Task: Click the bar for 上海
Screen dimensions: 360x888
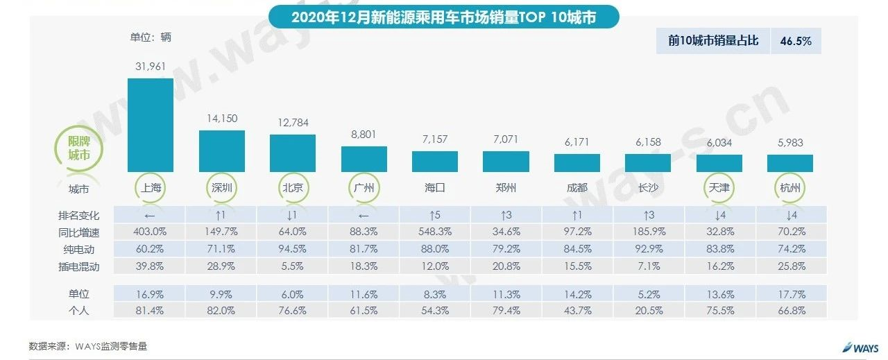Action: click(x=150, y=125)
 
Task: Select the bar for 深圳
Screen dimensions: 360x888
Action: click(x=221, y=151)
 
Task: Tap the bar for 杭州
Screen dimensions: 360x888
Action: click(x=789, y=163)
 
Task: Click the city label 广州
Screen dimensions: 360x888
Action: click(x=364, y=188)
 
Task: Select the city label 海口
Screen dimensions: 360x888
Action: click(x=434, y=188)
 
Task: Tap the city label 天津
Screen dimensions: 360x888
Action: click(x=719, y=188)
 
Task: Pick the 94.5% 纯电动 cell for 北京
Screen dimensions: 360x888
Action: click(x=292, y=248)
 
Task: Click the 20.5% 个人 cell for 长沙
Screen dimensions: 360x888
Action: click(x=647, y=311)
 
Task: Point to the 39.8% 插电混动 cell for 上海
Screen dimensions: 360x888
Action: click(x=150, y=265)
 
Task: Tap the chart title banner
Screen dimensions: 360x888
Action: click(x=443, y=17)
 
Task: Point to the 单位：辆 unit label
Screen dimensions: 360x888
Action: click(x=151, y=37)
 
